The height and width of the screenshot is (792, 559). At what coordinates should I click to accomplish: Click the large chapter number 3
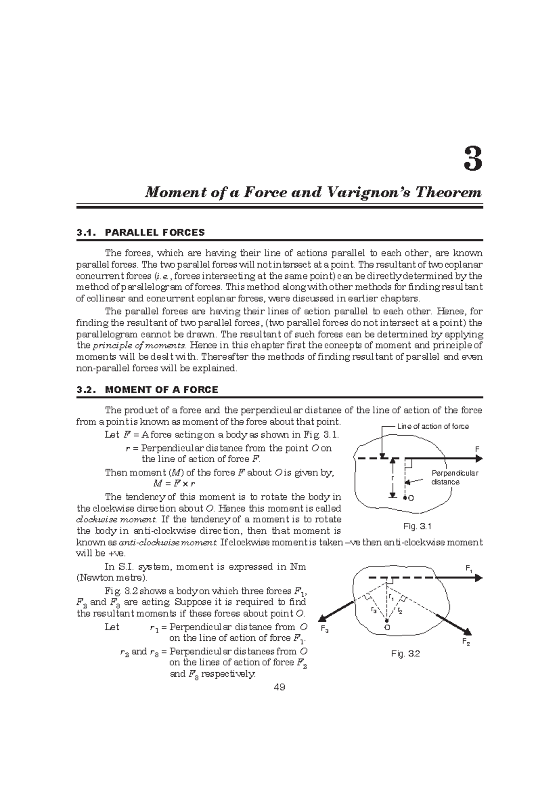pos(472,160)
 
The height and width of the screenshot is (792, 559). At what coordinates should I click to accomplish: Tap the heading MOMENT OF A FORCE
pos(162,389)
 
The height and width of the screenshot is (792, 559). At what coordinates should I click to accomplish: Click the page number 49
pos(279,687)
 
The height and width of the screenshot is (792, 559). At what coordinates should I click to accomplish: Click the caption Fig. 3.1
pos(417,526)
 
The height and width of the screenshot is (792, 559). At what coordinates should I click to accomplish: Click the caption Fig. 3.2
pos(406,653)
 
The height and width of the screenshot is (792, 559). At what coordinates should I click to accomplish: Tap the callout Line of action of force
pos(432,426)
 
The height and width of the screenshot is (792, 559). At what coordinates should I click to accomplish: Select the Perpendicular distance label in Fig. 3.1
pos(454,477)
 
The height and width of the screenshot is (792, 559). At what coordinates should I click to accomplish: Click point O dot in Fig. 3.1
pos(406,498)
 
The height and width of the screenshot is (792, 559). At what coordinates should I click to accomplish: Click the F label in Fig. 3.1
pos(477,449)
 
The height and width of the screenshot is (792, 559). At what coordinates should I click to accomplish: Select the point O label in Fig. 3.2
pos(386,628)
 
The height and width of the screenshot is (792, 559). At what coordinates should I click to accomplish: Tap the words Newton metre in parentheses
pos(111,578)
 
